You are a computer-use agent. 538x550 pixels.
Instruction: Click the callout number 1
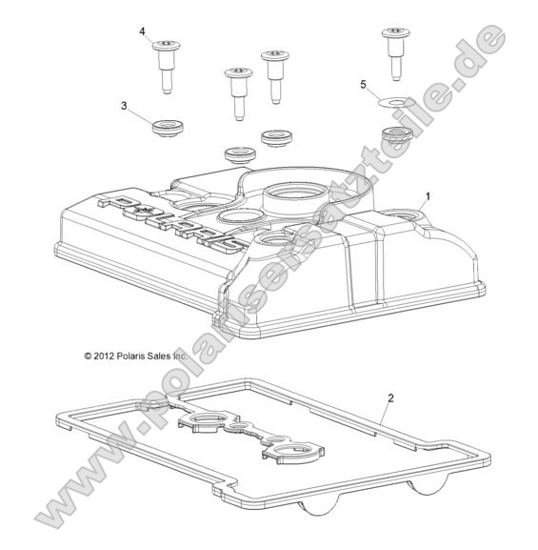(428, 195)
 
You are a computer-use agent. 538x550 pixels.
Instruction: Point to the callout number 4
(142, 31)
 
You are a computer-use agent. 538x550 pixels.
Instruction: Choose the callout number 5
(362, 84)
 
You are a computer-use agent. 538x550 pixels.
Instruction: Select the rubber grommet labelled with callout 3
(167, 127)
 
